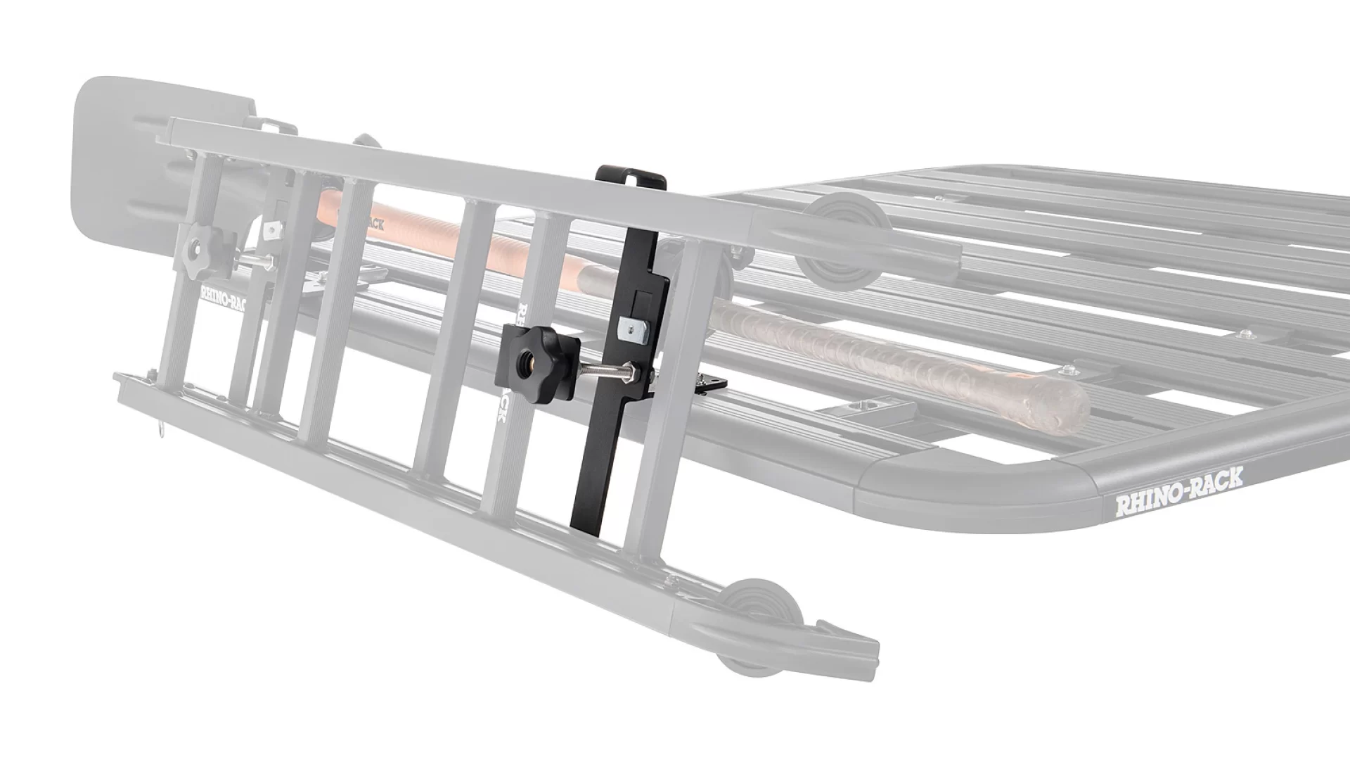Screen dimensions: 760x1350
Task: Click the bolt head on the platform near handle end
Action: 1070,369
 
